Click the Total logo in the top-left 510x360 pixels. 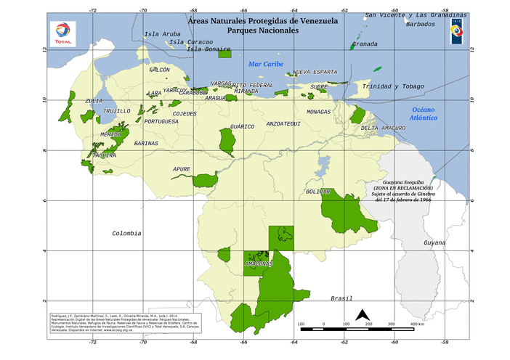pos(62,33)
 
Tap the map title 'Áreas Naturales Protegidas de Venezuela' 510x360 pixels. pos(262,22)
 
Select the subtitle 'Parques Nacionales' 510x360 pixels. pos(262,31)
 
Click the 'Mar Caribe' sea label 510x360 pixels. pos(266,64)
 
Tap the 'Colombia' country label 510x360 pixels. pos(126,233)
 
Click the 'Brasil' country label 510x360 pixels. pos(341,298)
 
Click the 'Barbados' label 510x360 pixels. pos(421,24)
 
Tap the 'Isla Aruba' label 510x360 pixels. pos(162,34)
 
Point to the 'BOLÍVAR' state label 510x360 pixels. pos(318,192)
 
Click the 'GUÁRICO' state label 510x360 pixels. pos(242,126)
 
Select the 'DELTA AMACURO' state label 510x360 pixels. pos(383,128)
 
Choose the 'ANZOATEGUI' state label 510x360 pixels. pos(283,124)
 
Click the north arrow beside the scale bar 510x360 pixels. pos(362,316)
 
